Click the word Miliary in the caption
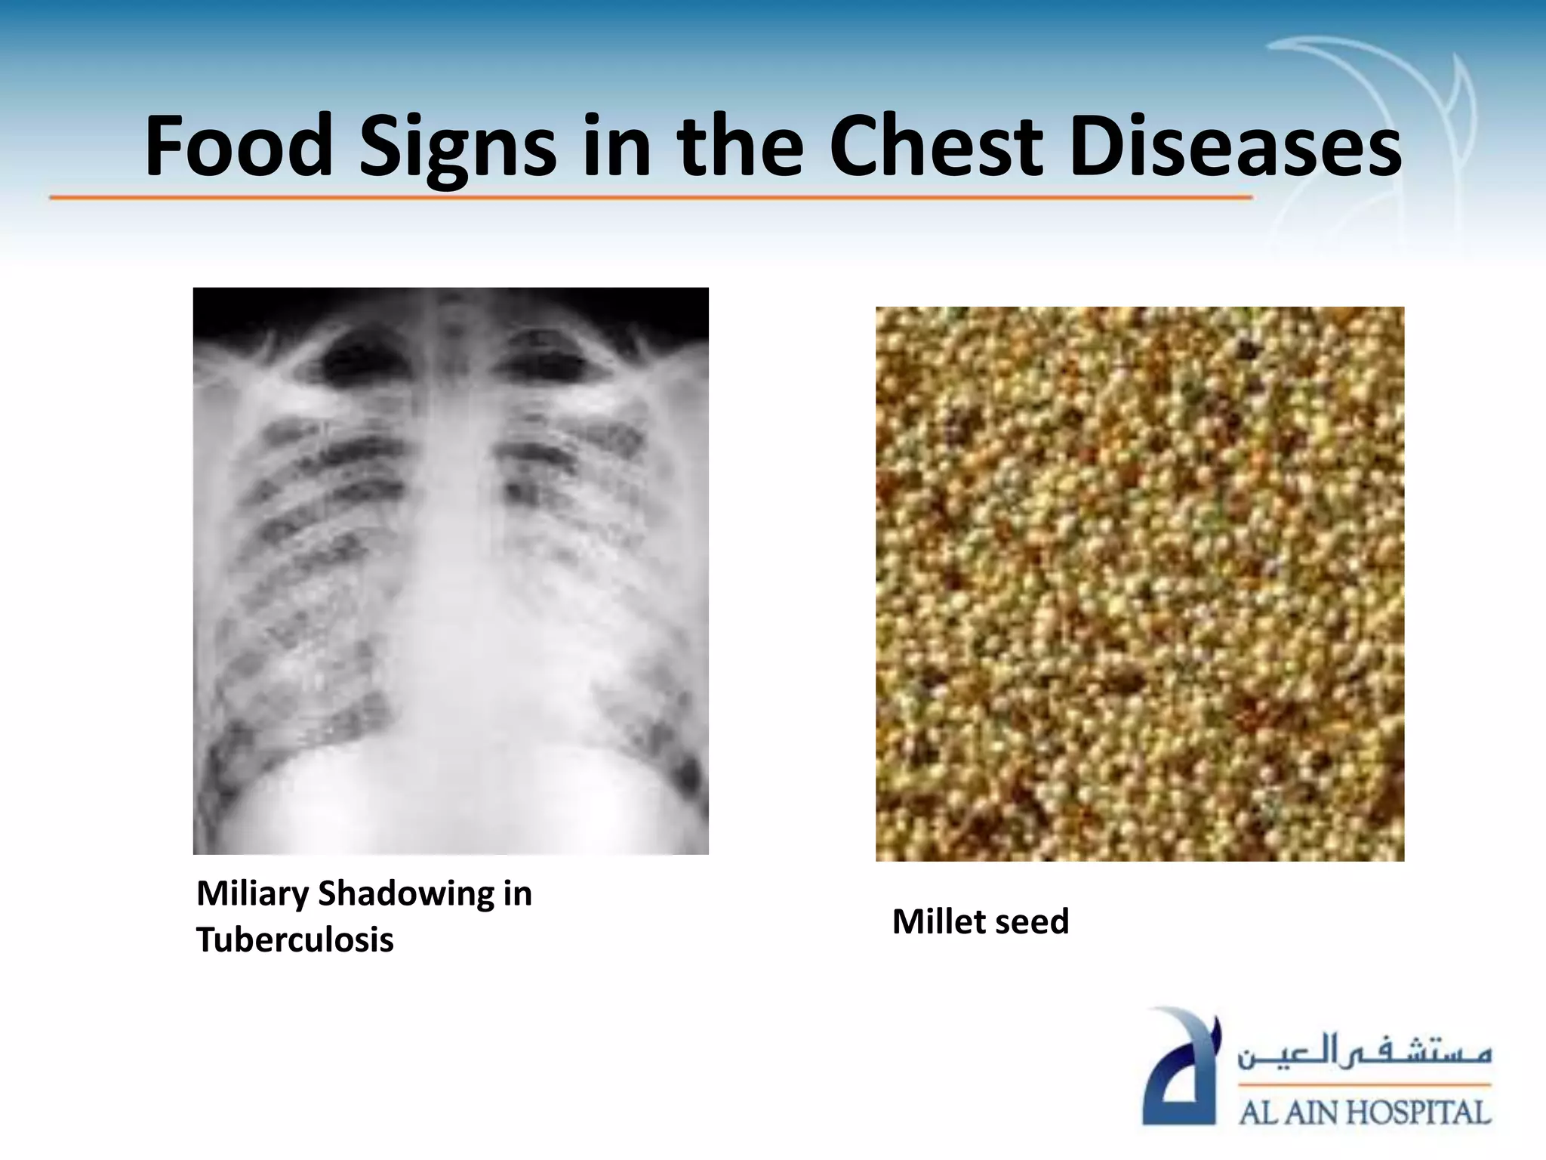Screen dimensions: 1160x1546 [252, 894]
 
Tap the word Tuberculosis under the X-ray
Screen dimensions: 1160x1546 [295, 940]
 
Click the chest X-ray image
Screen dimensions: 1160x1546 [451, 571]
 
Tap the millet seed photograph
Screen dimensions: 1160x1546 [1140, 584]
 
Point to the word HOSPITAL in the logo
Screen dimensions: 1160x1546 [1419, 1112]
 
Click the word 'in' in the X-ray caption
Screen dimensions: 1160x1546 [516, 894]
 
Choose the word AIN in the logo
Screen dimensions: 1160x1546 [1310, 1112]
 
